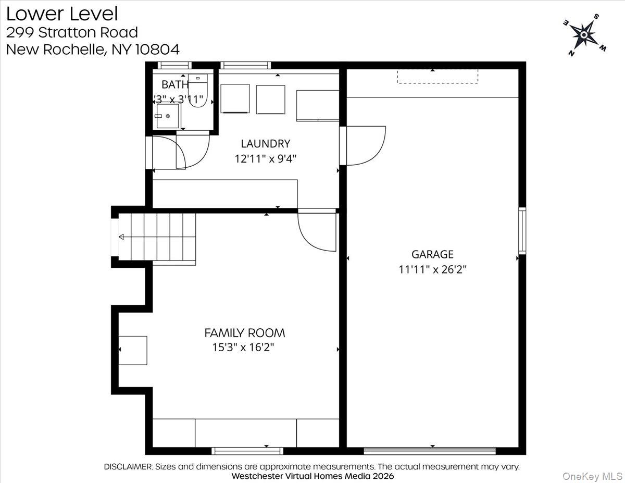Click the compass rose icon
click(x=584, y=35)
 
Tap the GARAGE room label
click(x=432, y=254)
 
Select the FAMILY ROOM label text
click(x=244, y=332)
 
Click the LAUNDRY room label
click(x=265, y=143)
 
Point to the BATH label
click(x=174, y=84)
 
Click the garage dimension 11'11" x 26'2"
click(x=432, y=269)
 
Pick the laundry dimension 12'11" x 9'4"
click(x=265, y=158)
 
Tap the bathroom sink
click(x=167, y=115)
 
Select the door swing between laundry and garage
click(x=365, y=145)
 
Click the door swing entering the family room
click(x=317, y=231)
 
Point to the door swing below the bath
click(x=190, y=152)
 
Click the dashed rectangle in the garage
click(x=438, y=76)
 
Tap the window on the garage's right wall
click(x=522, y=230)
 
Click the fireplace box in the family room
click(x=133, y=350)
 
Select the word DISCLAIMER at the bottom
click(x=128, y=466)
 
